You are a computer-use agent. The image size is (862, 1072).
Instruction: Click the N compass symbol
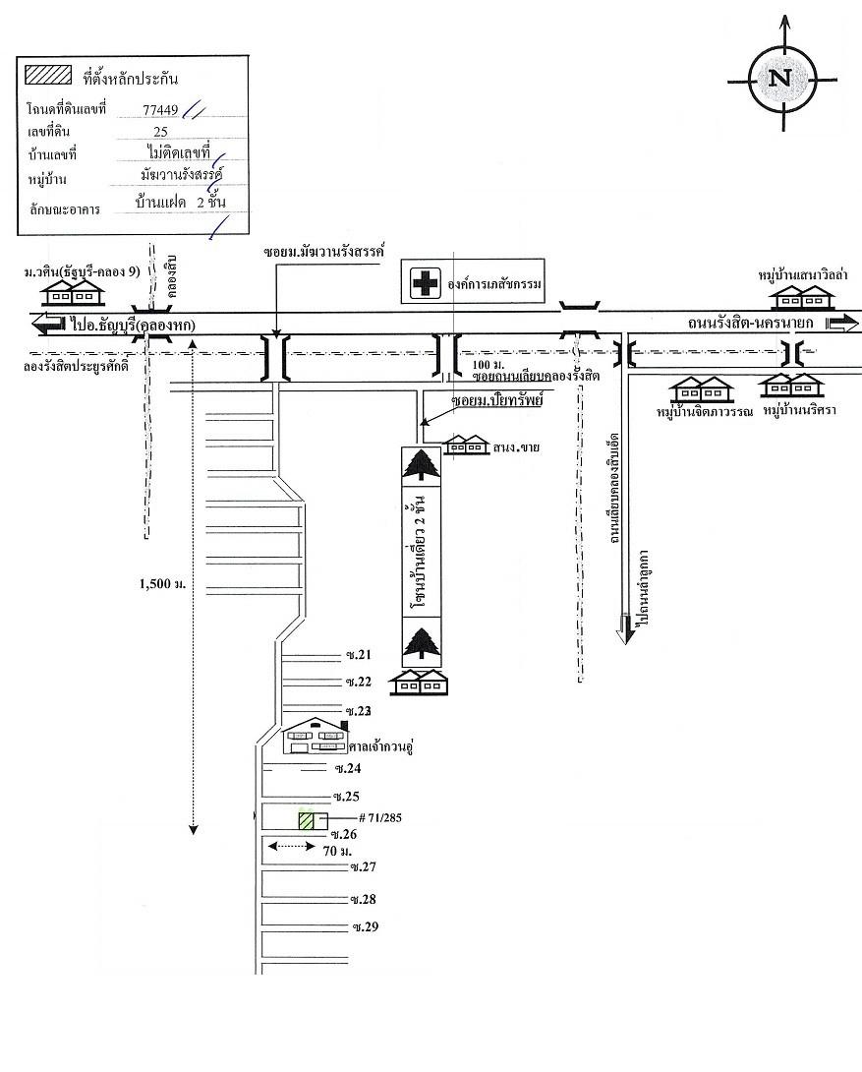782,79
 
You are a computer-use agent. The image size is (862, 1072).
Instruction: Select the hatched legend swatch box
48,75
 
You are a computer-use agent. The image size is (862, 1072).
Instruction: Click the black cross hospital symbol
425,284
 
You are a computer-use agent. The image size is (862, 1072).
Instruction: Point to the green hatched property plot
307,821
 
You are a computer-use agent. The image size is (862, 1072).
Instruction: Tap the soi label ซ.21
357,655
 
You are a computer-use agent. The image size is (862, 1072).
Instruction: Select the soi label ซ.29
365,927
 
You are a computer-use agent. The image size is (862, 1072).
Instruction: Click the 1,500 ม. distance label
163,584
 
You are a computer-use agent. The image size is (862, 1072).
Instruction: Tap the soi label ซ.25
346,796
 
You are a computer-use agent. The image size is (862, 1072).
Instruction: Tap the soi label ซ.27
364,866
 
